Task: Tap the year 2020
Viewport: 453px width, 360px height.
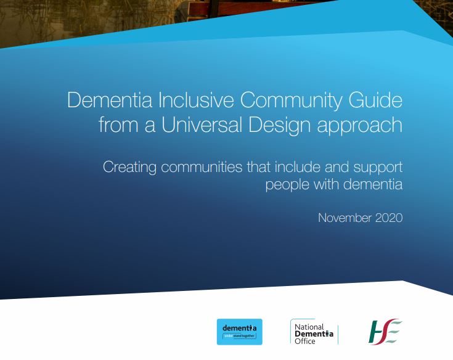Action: point(388,218)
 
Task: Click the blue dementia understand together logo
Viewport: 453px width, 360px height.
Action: point(240,332)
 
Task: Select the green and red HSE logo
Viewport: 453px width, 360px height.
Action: point(385,332)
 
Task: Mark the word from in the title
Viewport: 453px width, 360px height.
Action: point(117,125)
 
